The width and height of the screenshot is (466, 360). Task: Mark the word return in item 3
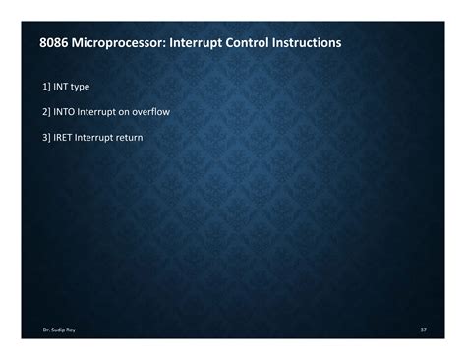[144, 138]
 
